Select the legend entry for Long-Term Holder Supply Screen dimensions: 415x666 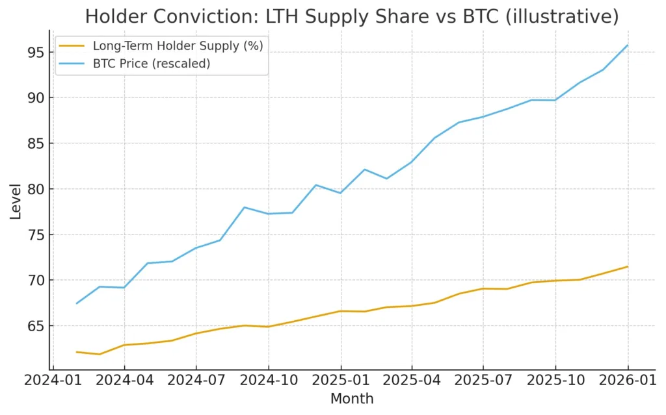point(178,45)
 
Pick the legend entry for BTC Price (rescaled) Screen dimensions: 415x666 point(152,64)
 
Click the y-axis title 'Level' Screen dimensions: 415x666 point(16,201)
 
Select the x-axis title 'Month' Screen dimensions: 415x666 point(352,399)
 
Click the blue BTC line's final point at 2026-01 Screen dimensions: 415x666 point(628,45)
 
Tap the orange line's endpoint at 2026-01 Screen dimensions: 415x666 point(628,266)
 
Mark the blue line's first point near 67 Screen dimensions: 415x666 point(77,303)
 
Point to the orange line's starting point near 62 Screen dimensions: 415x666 point(77,352)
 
